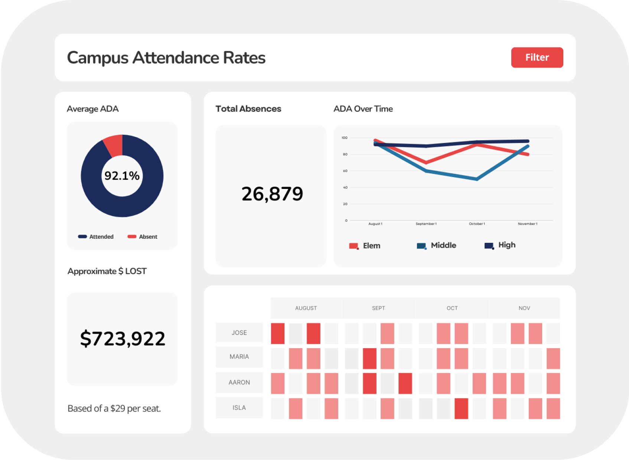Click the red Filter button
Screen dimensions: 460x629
coord(537,58)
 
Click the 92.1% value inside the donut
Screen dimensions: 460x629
coord(122,176)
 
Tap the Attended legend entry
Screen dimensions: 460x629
coord(96,236)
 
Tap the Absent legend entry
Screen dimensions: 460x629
coord(143,236)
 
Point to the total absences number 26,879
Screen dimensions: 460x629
coord(272,194)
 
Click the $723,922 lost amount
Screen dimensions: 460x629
coord(123,339)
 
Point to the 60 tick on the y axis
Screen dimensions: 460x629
coord(345,171)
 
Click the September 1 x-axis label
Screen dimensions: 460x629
coord(426,224)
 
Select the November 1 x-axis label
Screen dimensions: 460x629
coord(527,224)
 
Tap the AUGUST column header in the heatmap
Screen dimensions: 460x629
coord(306,308)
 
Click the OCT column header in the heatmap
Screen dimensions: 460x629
coord(452,308)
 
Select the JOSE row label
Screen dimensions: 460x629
coord(239,333)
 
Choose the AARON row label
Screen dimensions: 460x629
coord(239,382)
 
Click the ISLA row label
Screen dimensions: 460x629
coord(239,408)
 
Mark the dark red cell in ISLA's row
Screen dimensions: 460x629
coord(461,408)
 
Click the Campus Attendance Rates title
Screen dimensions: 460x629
coord(166,58)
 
